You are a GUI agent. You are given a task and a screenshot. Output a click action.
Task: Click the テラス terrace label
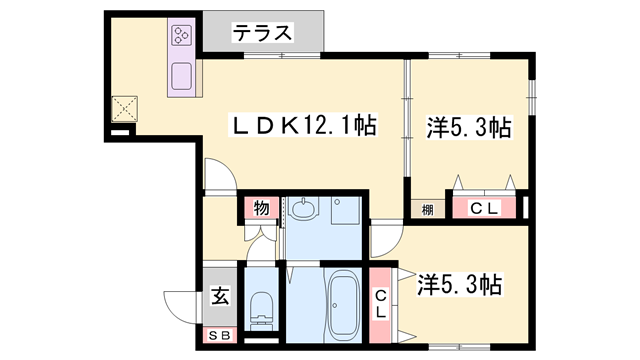click(264, 32)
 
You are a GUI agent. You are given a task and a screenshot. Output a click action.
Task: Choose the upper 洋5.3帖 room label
click(468, 128)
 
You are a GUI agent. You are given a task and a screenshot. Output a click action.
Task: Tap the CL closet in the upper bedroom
click(485, 208)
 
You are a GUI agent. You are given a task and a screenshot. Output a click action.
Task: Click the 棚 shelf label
click(427, 208)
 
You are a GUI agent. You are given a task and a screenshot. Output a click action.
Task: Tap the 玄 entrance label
click(219, 297)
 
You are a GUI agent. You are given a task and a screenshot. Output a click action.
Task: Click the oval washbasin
click(305, 211)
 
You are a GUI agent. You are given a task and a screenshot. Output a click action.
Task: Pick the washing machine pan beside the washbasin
click(344, 214)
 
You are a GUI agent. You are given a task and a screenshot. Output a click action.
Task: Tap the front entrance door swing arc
click(183, 305)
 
